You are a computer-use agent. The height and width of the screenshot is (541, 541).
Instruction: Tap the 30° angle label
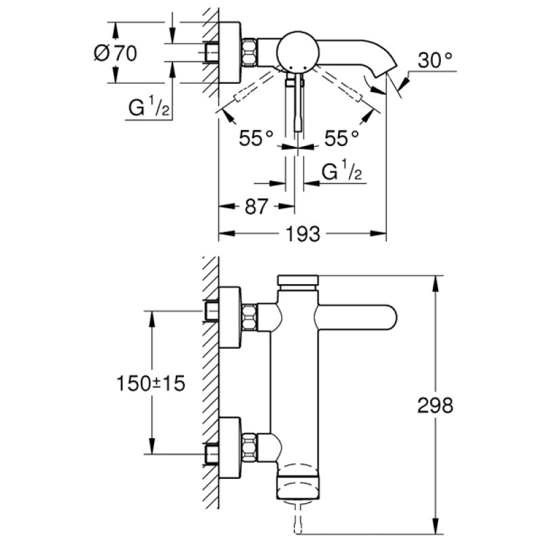pos(433,60)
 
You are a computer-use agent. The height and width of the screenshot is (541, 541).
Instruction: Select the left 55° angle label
pos(256,139)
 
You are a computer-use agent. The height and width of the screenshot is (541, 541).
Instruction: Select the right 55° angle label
pos(342,139)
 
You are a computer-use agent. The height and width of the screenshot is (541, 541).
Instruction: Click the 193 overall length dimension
pos(302,234)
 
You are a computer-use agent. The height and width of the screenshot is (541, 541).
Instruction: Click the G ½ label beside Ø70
pos(146,108)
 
